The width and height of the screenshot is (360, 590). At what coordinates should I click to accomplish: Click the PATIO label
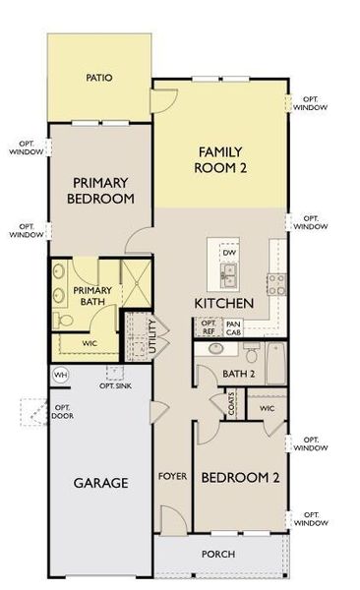97,77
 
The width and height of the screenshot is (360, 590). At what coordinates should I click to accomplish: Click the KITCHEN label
224,302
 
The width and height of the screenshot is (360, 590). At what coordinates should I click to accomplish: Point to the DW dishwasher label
228,253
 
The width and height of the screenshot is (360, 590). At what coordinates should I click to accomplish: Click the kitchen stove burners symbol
276,283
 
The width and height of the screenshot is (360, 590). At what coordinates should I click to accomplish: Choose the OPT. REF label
209,327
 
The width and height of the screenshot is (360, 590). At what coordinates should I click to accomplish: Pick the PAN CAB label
233,327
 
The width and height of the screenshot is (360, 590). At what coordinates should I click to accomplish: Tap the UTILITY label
150,335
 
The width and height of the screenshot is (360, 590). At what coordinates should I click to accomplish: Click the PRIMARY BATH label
92,297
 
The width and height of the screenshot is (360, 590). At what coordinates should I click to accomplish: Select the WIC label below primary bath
90,343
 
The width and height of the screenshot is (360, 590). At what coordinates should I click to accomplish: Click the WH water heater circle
59,375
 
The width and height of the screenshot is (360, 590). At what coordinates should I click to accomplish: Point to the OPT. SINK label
115,385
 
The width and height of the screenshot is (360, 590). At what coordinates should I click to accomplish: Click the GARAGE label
100,483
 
